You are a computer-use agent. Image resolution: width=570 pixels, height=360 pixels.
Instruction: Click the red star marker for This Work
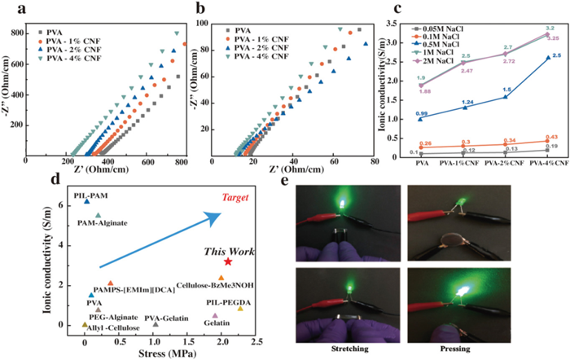[228, 261]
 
